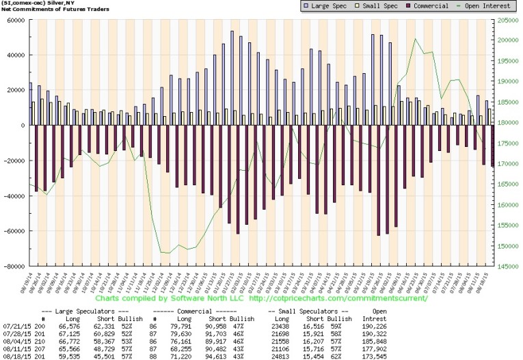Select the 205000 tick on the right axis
507,20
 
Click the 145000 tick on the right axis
507,266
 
